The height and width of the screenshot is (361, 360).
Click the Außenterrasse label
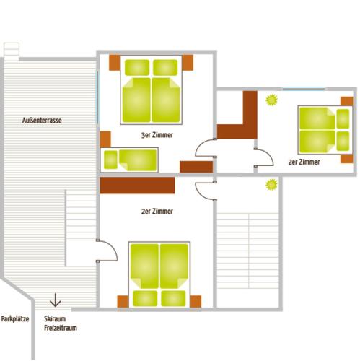(x=42, y=120)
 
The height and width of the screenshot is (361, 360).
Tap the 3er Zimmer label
(x=157, y=135)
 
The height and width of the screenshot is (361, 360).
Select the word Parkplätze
(x=15, y=319)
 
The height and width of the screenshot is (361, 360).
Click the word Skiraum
(x=55, y=318)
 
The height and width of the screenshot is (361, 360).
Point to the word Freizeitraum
(x=61, y=328)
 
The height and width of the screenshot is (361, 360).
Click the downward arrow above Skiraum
(x=55, y=300)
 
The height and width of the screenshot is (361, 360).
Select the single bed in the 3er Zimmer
(x=129, y=160)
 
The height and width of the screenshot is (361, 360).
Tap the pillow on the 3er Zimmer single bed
(x=110, y=160)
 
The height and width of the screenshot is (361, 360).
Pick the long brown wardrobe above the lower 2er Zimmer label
(x=137, y=186)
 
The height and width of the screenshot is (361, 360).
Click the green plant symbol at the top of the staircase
(x=271, y=185)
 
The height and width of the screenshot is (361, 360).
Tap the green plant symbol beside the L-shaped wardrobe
(x=271, y=100)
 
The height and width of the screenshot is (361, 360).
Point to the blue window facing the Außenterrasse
(x=97, y=97)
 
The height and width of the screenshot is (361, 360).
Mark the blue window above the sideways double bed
(x=304, y=89)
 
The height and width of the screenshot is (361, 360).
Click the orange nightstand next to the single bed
(x=105, y=139)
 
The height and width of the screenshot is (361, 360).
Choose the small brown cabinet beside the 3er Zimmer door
(x=196, y=167)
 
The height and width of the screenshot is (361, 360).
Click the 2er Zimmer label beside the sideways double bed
(x=304, y=162)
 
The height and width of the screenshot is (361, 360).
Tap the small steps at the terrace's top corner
(x=12, y=51)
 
